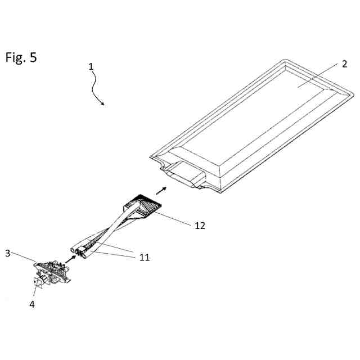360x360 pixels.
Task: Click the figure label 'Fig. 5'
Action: pos(21,57)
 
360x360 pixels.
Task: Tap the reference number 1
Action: pos(91,66)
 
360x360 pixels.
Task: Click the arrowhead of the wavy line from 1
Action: pos(102,103)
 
